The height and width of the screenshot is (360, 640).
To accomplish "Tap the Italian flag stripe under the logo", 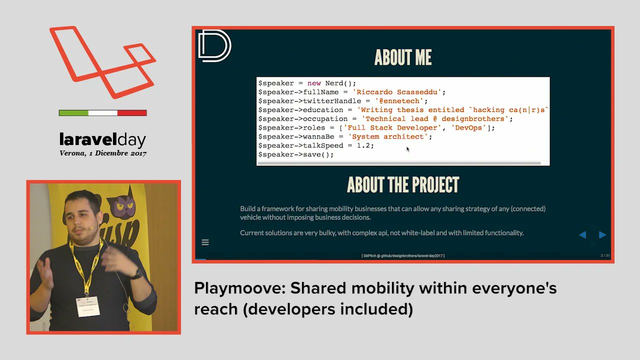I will click(102, 113).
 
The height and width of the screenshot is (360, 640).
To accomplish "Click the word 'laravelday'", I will click(102, 139).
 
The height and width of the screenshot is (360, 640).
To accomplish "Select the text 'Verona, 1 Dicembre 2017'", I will click(102, 153).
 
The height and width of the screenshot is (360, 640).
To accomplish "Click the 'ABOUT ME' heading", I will click(402, 57).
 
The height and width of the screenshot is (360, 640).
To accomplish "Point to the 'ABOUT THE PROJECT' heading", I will click(402, 185).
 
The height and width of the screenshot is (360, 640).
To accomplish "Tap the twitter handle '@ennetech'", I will click(400, 101).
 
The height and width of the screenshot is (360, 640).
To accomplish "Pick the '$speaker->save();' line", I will click(295, 154).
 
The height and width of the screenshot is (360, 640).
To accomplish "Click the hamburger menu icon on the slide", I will click(205, 242).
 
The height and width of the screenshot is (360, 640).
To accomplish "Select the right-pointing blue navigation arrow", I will click(602, 234).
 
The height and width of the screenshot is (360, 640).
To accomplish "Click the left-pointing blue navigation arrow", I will click(582, 234).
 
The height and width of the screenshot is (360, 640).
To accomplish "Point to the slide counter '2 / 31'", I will click(605, 255).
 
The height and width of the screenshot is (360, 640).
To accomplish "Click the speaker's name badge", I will click(87, 306).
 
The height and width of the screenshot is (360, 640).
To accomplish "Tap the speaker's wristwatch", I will click(135, 273).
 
